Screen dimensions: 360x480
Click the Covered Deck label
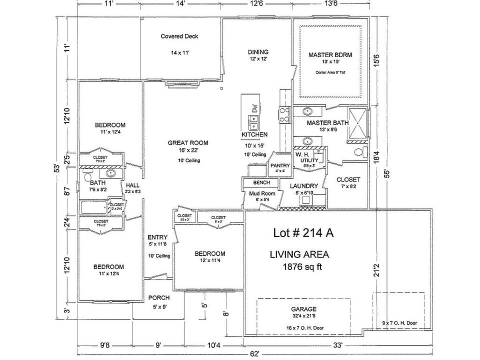pos(179,36)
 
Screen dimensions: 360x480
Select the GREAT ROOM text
pos(188,143)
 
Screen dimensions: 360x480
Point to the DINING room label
pos(258,51)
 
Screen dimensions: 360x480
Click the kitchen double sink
pos(253,120)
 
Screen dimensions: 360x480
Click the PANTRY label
pos(279,165)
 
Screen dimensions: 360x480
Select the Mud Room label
pos(262,193)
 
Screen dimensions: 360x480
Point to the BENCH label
pos(262,183)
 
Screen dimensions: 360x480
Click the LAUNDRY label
pos(304,186)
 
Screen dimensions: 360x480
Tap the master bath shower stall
pos(356,122)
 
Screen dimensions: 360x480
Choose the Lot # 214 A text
pos(300,232)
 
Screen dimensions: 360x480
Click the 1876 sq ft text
pos(302,267)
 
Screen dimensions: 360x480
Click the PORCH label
pos(159,298)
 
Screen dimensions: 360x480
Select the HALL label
pos(132,185)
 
